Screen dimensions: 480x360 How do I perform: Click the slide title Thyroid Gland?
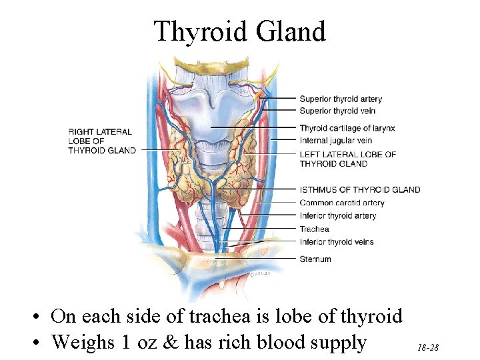(239, 31)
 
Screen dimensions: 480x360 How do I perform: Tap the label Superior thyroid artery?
(341, 99)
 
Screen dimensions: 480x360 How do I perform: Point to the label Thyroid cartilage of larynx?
(347, 128)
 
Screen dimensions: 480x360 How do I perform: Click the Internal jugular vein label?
(336, 141)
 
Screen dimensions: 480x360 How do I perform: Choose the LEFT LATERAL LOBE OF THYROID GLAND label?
(347, 159)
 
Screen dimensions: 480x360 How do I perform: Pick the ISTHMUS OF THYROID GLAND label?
(360, 189)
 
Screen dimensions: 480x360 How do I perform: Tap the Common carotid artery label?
(342, 203)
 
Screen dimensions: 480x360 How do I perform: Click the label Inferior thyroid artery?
(338, 215)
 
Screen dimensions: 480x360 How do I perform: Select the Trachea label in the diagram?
(315, 229)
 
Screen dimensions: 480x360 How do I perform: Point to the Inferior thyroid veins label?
(337, 241)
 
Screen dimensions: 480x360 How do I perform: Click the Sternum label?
(315, 259)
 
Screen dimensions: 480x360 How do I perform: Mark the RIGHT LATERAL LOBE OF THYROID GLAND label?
(101, 141)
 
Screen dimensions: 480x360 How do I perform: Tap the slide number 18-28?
(427, 347)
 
